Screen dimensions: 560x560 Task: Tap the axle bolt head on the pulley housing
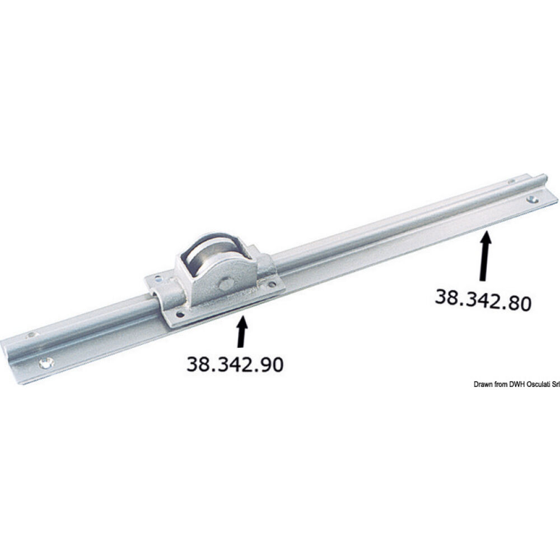[225, 284]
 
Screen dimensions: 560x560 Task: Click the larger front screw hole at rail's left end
[44, 363]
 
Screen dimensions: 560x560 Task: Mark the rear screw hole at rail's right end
[511, 181]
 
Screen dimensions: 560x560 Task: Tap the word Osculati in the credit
[534, 384]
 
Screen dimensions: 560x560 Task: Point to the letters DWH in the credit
[514, 384]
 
